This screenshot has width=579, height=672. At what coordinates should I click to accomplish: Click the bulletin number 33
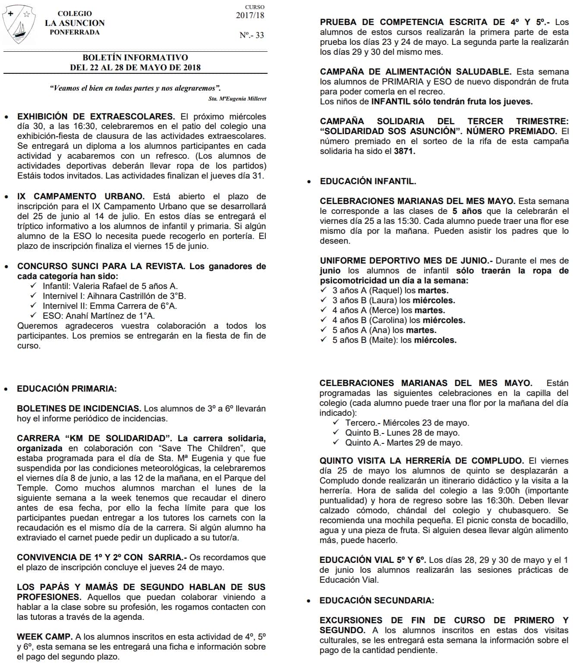[252, 35]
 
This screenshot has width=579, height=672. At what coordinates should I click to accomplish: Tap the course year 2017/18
[250, 16]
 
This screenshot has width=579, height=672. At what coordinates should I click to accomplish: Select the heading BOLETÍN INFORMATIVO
[135, 57]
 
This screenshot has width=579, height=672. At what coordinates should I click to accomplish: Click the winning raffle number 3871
[404, 151]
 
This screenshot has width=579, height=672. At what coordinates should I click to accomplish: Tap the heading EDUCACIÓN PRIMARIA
[66, 389]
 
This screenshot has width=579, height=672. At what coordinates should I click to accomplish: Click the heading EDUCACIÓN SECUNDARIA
[377, 600]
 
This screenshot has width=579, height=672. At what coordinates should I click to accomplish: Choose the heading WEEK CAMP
[44, 637]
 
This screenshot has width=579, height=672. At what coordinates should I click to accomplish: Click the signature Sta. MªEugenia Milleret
[237, 98]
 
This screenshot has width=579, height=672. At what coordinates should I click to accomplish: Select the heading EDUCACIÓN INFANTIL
[368, 181]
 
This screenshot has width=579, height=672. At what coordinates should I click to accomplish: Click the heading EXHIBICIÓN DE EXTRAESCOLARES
[96, 116]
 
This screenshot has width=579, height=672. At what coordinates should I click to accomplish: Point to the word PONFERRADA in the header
[75, 32]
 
